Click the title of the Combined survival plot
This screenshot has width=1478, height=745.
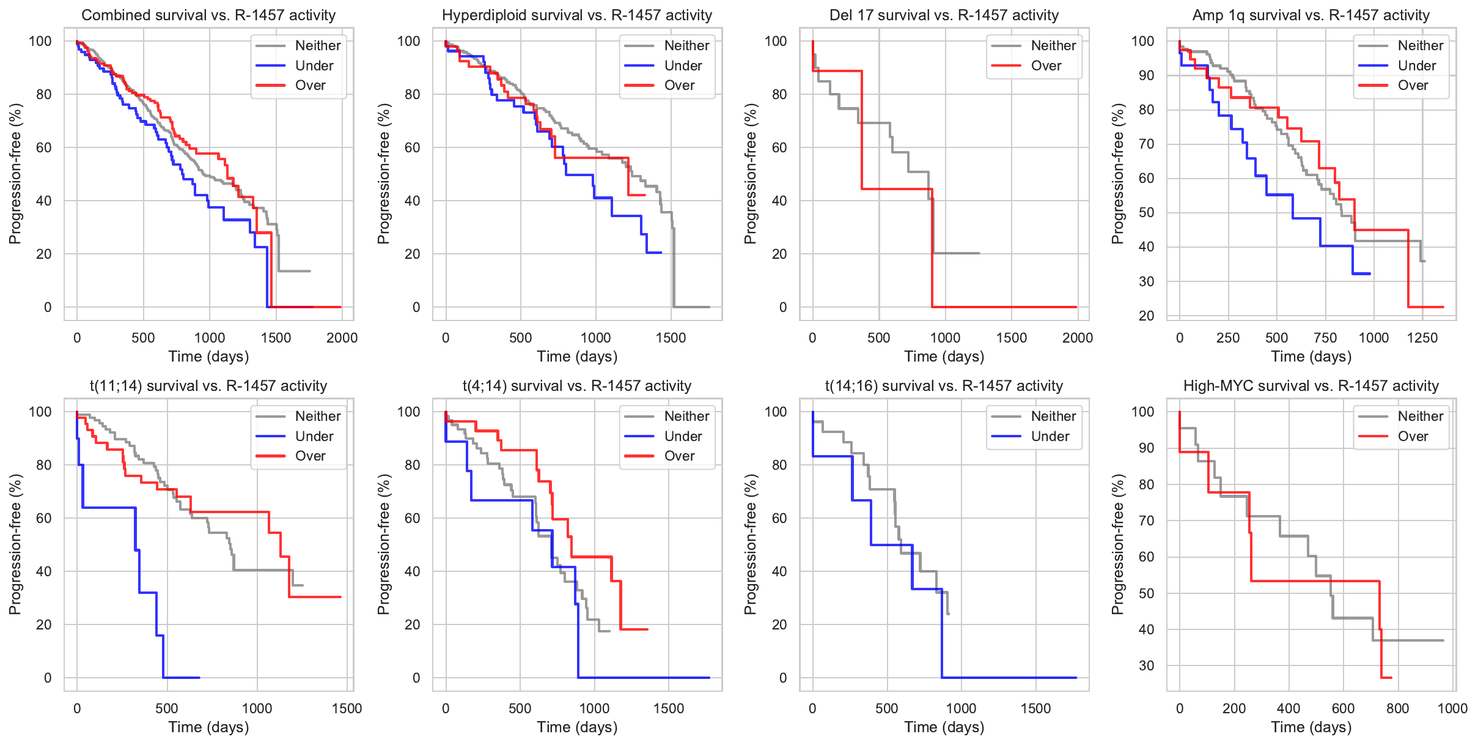(208, 15)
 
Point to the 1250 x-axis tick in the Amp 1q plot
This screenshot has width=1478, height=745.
(1422, 338)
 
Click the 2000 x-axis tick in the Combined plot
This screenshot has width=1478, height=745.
(342, 338)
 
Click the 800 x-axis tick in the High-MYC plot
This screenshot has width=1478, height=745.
(1397, 708)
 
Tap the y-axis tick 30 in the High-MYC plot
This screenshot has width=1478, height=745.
(1146, 665)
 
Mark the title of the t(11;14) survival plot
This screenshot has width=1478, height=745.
(208, 386)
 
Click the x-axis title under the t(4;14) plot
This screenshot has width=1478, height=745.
(577, 727)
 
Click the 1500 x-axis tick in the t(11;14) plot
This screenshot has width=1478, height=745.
(347, 708)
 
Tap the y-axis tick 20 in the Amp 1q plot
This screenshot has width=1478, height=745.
(1146, 316)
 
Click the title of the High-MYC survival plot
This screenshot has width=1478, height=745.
(1311, 386)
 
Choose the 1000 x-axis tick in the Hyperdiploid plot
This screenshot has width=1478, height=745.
(595, 338)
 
